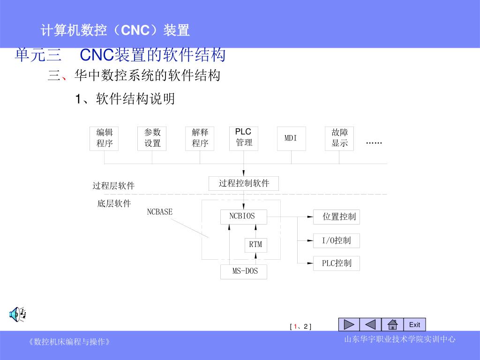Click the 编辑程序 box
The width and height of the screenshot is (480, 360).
tap(104, 138)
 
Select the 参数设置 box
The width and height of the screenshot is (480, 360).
tap(152, 138)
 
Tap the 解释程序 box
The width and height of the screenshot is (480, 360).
tap(200, 138)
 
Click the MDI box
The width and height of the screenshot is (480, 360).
tap(291, 138)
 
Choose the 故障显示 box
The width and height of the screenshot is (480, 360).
tap(339, 138)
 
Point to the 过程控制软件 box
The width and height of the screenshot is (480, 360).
tap(244, 183)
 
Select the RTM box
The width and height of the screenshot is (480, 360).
tap(255, 245)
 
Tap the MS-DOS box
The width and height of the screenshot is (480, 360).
tap(244, 271)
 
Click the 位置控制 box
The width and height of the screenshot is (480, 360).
tap(337, 217)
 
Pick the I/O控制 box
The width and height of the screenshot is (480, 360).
tap(337, 240)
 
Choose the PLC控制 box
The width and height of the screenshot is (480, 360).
tap(337, 263)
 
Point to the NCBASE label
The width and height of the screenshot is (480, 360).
tap(160, 212)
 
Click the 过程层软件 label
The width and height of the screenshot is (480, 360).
tap(113, 186)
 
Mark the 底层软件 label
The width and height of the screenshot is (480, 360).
tap(114, 204)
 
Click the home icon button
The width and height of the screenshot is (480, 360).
tap(392, 324)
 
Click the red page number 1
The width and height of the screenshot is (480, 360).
tap(295, 327)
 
